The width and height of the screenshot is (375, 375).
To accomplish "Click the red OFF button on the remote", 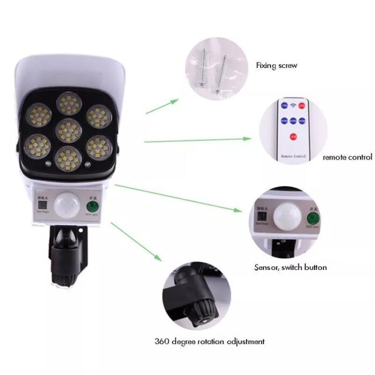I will pyautogui.click(x=302, y=106).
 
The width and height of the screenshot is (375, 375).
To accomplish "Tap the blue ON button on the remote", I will pyautogui.click(x=284, y=106).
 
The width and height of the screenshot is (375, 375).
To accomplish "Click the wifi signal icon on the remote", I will pyautogui.click(x=293, y=105).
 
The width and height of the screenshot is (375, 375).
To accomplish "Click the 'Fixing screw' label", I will pyautogui.click(x=276, y=65).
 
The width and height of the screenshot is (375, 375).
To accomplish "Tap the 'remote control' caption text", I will pyautogui.click(x=347, y=157).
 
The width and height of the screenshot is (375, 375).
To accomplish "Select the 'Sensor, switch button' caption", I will pyautogui.click(x=290, y=267).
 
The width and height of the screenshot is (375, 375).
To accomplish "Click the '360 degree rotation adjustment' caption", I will pyautogui.click(x=209, y=341).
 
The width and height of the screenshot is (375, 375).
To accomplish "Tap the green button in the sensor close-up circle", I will pyautogui.click(x=312, y=219).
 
